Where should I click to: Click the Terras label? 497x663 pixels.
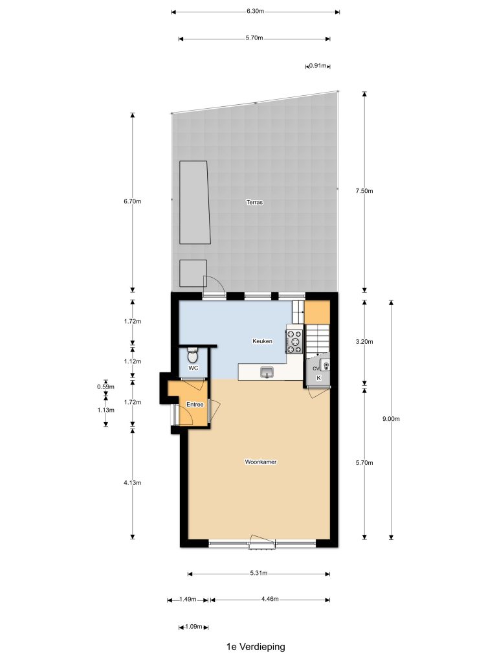(x=254, y=202)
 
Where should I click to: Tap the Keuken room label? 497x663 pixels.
(x=262, y=341)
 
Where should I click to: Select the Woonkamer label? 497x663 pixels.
(x=261, y=462)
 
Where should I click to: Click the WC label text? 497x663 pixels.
(x=193, y=368)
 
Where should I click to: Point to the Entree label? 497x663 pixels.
(x=195, y=404)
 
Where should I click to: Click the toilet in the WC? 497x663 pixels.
(x=192, y=355)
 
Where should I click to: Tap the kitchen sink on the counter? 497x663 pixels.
(x=267, y=372)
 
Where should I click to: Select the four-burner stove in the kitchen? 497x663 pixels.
(x=294, y=341)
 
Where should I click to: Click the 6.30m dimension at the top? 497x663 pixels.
(x=255, y=12)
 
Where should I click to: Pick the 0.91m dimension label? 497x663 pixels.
(x=318, y=65)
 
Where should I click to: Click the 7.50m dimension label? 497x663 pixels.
(x=364, y=191)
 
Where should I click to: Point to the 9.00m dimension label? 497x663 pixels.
(x=391, y=419)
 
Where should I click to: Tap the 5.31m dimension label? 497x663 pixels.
(x=259, y=574)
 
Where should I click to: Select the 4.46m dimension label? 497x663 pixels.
(x=270, y=599)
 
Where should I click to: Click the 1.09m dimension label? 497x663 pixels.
(x=193, y=626)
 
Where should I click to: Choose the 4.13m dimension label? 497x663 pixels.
(x=132, y=482)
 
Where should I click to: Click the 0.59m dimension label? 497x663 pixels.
(x=105, y=387)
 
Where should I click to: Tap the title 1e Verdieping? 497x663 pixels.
(x=256, y=647)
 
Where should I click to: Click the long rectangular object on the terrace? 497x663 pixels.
(x=195, y=202)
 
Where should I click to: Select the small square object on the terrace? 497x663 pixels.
(x=193, y=273)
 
